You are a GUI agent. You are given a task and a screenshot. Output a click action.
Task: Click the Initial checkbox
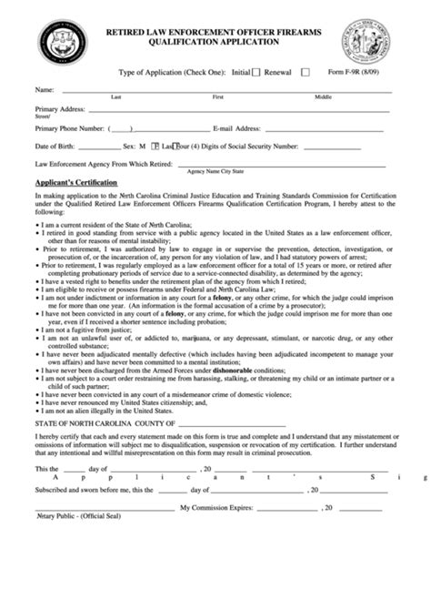[x=256, y=71]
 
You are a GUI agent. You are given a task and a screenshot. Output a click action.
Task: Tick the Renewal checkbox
[x=305, y=71]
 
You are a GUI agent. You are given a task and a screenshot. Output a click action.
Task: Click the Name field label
[x=44, y=90]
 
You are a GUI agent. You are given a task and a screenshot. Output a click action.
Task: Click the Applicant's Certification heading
[x=76, y=183]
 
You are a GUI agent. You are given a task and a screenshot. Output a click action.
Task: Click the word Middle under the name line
[x=323, y=96]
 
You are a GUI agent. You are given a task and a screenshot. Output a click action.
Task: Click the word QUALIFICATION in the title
[x=194, y=41]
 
